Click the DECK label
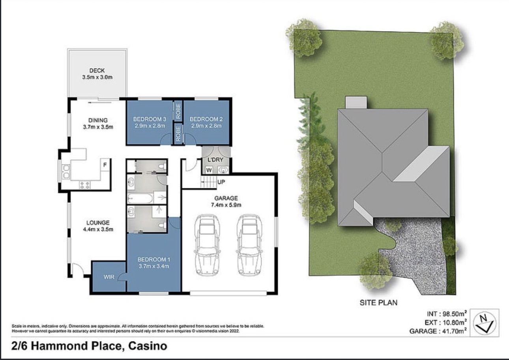pos(97,71)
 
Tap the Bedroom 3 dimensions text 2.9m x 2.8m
pos(150,126)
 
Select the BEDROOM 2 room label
pos(206,119)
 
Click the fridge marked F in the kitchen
pos(105,165)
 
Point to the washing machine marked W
pos(209,170)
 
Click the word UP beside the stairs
pos(221,182)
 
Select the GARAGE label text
pos(226,198)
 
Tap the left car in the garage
pos(207,245)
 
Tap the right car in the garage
pos(249,245)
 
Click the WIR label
pos(109,277)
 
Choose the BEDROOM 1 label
pos(153,259)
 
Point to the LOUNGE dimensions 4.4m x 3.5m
pos(98,229)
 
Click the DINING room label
pos(98,120)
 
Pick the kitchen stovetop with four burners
pos(84,185)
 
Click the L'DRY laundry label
pos(216,160)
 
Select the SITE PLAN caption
pos(378,302)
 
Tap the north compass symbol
pos(485,323)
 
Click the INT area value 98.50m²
pos(453,313)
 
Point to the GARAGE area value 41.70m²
pos(453,331)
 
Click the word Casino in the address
pos(148,346)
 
